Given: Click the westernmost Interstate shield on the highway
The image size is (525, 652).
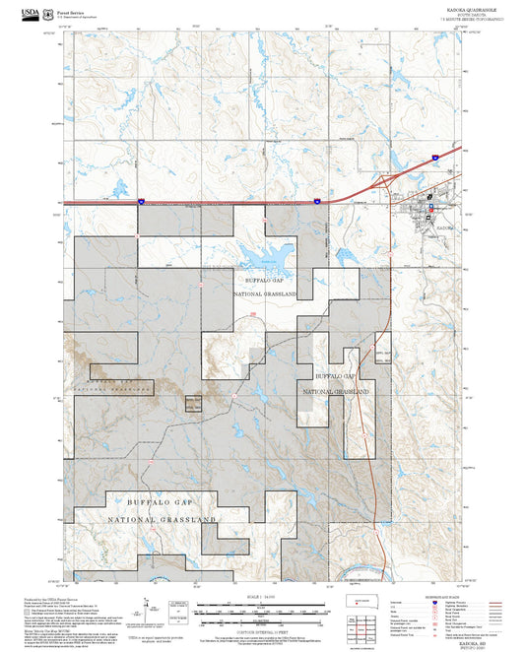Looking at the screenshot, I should coord(141,201).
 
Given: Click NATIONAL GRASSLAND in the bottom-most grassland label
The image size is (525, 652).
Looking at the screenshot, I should coord(164,519).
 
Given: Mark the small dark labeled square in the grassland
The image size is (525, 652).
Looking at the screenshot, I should coord(193,403).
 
